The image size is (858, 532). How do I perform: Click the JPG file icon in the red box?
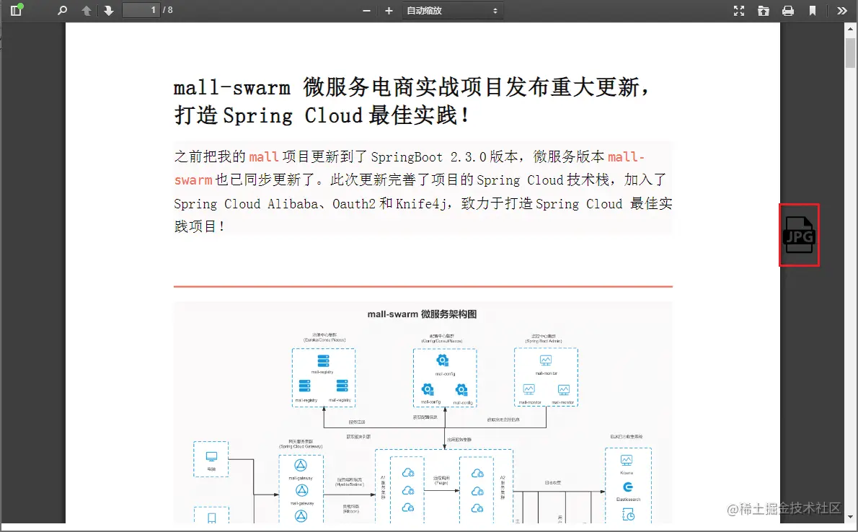pos(799,235)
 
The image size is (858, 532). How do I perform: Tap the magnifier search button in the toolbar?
pos(62,11)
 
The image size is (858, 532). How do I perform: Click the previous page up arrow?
pos(87,11)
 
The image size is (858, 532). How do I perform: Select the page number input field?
pos(141,10)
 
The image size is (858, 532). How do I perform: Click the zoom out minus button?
pos(366,11)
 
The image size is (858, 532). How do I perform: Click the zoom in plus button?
pos(389,11)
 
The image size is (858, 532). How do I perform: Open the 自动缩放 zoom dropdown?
pos(452,11)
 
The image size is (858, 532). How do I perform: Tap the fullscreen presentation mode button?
pos(739,11)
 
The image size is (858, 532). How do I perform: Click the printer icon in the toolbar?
pos(788,11)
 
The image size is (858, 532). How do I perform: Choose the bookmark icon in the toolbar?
pos(813,11)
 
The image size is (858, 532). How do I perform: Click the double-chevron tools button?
pos(841,11)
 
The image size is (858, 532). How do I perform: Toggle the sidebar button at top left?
pos(16,11)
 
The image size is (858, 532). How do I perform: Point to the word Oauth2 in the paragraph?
pos(353,204)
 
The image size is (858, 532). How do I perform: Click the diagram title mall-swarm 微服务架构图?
pos(422,314)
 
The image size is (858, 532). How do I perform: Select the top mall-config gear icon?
pos(443,360)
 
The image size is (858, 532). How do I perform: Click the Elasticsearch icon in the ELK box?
pos(627,487)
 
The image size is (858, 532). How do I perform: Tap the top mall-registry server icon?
pos(324,360)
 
